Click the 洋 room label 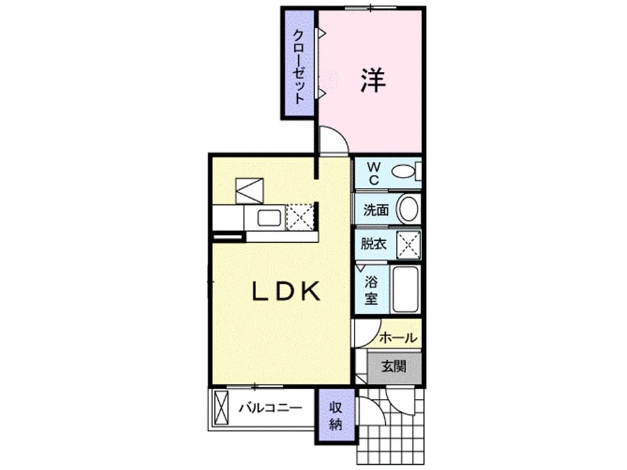[373, 80]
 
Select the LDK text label [286, 291]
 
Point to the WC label [374, 173]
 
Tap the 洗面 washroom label [376, 210]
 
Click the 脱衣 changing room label [374, 243]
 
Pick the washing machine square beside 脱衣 [408, 243]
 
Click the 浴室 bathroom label [371, 290]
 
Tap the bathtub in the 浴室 [405, 289]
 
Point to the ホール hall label [398, 337]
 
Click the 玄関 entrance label [394, 366]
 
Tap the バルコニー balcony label [270, 408]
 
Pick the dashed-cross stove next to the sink [300, 217]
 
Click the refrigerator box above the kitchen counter [249, 191]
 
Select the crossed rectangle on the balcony [221, 407]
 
